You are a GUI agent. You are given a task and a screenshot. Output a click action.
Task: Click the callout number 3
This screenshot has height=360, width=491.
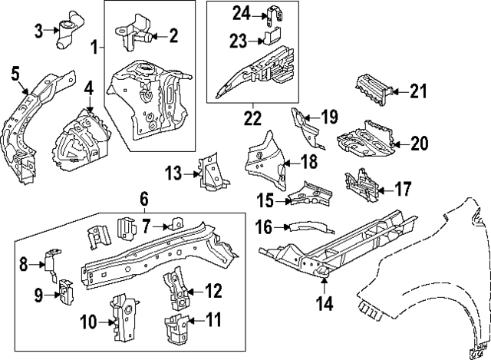coord(38,30)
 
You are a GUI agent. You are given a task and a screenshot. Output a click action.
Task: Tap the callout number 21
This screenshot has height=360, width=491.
coord(417,92)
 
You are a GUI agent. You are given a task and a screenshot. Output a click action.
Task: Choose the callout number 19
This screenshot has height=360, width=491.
coord(328,117)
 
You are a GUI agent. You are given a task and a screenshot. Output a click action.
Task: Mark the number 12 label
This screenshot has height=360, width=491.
coord(214,290)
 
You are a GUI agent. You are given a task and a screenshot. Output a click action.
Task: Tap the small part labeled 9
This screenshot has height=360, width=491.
coord(65,292)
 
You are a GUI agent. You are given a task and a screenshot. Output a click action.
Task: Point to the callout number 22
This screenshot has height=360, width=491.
coord(252,119)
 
